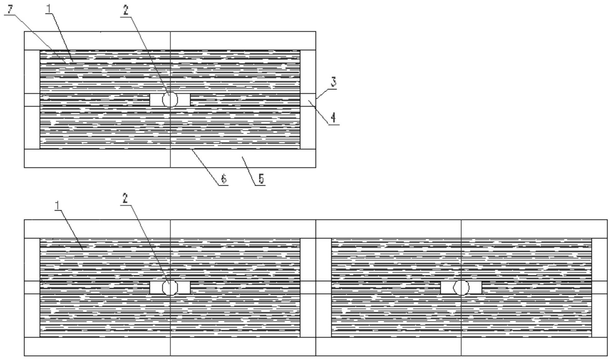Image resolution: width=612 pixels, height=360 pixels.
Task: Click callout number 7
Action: [11, 9]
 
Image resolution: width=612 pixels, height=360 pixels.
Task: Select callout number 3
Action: [334, 82]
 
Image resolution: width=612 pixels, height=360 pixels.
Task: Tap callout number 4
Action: [333, 118]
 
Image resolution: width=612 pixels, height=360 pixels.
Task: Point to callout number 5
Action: [261, 179]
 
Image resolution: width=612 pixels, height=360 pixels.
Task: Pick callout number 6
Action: [223, 179]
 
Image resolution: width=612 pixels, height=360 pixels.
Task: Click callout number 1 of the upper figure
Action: [48, 9]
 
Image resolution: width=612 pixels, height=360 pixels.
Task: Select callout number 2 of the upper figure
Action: [125, 10]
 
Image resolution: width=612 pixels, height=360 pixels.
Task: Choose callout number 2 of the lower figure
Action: [125, 198]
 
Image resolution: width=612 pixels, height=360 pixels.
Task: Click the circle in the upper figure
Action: [170, 100]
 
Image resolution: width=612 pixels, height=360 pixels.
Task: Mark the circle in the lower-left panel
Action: [170, 288]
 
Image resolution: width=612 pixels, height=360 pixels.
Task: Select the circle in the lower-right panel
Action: [461, 288]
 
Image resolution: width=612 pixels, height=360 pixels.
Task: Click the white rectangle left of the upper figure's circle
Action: [156, 100]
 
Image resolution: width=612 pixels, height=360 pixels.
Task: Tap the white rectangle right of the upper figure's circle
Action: [184, 100]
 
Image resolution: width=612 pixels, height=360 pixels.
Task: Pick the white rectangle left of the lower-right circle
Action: [447, 288]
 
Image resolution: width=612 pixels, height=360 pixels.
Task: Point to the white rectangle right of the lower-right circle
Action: [475, 288]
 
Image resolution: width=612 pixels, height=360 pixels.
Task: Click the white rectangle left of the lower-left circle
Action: [156, 288]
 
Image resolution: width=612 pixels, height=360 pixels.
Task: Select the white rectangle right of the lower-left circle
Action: [184, 288]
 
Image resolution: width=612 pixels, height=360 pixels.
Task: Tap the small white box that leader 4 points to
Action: [308, 100]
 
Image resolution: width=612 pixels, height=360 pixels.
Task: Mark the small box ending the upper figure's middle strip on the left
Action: [32, 100]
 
